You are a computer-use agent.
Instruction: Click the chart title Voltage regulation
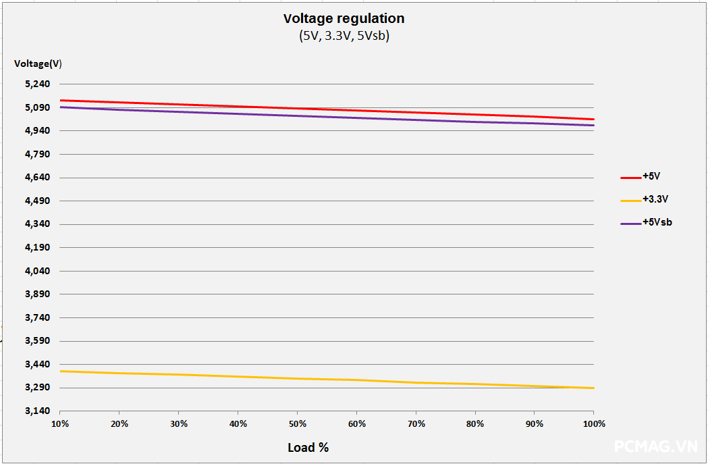(x=344, y=18)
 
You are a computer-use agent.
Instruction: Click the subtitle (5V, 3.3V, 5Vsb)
(x=344, y=36)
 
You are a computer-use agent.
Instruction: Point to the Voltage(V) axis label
(x=38, y=63)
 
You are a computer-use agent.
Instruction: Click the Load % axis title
(x=308, y=447)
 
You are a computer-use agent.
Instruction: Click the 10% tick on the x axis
(x=60, y=424)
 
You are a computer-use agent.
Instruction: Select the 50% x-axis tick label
(x=297, y=424)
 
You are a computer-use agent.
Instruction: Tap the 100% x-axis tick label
(x=594, y=424)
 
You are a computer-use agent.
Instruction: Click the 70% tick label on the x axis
(x=416, y=424)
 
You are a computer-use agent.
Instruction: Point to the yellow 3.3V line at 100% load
(x=593, y=388)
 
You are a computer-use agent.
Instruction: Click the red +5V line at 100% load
(x=593, y=120)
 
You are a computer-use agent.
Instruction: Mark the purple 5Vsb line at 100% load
(x=593, y=125)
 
